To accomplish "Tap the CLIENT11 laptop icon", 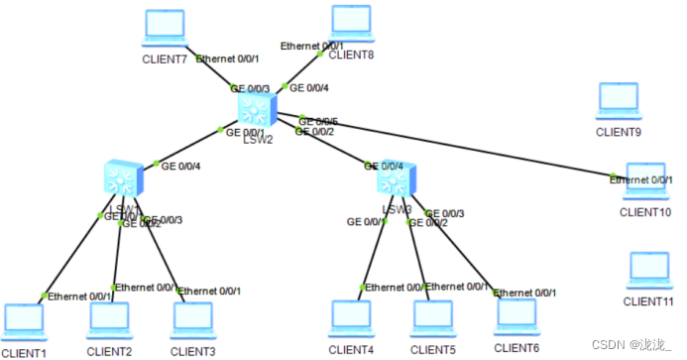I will click(650, 271).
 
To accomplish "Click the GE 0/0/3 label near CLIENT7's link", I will click(249, 87).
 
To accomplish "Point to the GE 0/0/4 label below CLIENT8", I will click(309, 87).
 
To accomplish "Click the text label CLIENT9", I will click(620, 131).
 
